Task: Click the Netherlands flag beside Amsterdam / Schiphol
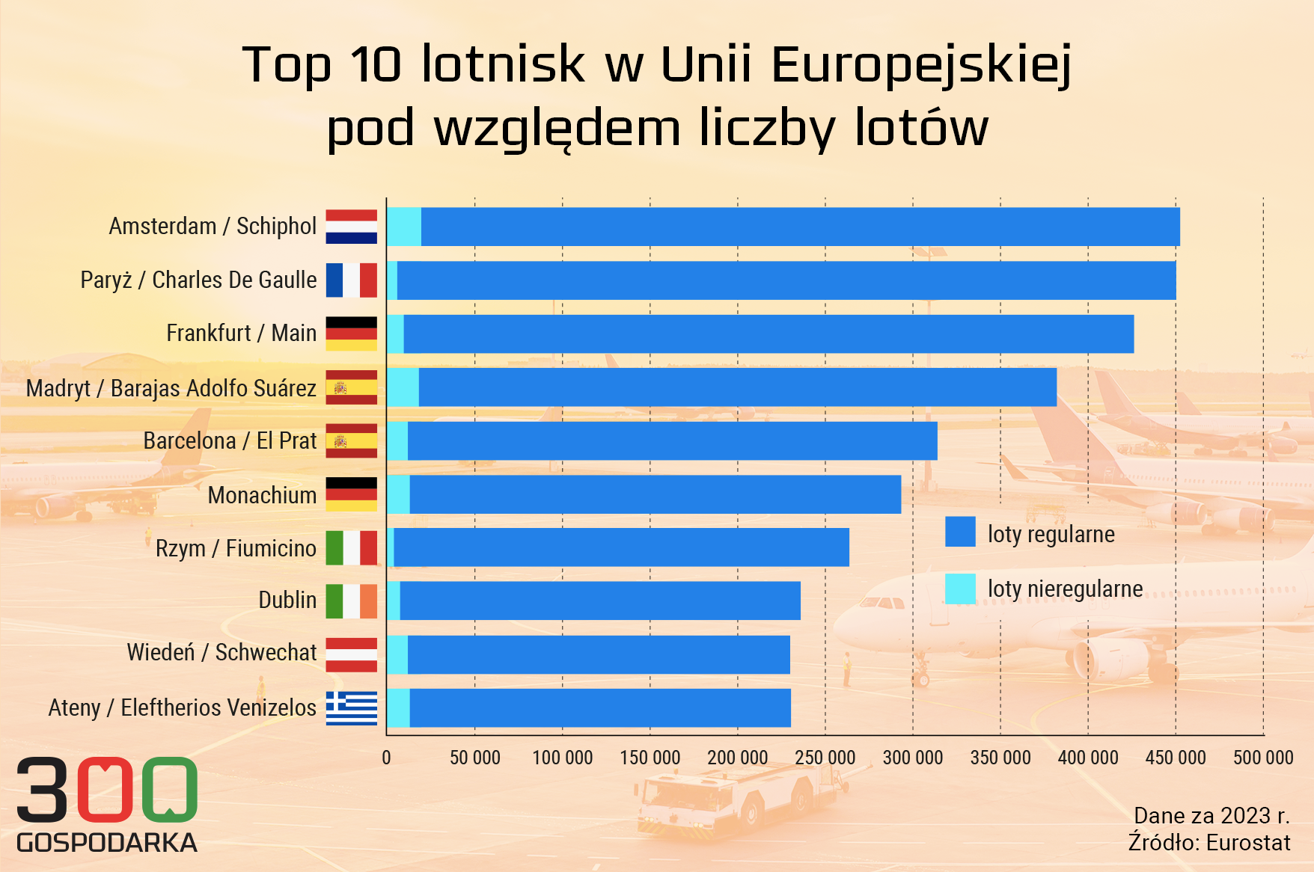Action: coord(351,227)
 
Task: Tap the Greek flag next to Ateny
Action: coord(351,707)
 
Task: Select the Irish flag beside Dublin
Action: coord(351,601)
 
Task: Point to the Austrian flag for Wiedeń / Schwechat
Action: coord(351,654)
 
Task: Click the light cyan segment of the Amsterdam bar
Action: coord(404,227)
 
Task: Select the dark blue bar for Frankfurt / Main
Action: coord(768,334)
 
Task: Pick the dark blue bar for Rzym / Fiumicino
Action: coord(621,547)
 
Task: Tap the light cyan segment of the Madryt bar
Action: coord(403,387)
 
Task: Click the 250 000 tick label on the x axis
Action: coord(825,758)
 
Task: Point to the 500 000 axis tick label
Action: coord(1263,758)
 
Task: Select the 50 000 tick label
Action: coord(474,758)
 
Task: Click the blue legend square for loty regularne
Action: coord(960,532)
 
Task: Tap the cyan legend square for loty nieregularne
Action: coord(960,589)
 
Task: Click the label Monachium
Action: coord(262,495)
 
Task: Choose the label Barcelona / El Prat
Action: coord(230,441)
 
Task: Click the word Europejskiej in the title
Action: coord(921,64)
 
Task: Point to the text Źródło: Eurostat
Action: coord(1209,843)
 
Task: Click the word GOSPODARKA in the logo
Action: coord(107,843)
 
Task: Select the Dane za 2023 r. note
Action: coord(1211,815)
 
